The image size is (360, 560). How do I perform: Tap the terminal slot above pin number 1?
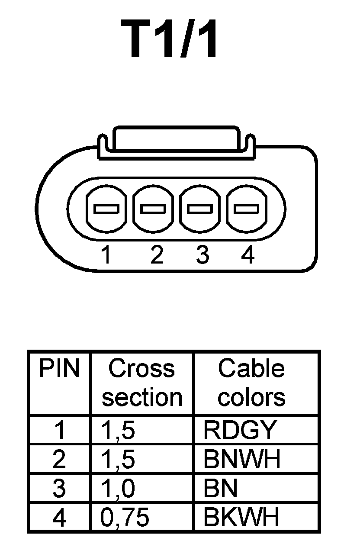pos(106,209)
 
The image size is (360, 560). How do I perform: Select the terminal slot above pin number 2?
pos(153,209)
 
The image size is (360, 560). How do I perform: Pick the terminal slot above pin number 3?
pos(200,209)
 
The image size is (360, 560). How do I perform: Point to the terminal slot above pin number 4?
pos(246,209)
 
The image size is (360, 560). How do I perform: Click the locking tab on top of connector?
pos(175,139)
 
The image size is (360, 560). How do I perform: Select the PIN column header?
pos(59,369)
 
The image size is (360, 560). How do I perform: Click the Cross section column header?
pos(142,383)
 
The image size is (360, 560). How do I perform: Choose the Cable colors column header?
pos(251,383)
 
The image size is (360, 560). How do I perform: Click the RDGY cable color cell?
pos(239,430)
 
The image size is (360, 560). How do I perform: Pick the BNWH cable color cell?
pos(242,459)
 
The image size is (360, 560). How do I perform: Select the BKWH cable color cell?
pos(241,517)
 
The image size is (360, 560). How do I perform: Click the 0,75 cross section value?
pos(125,518)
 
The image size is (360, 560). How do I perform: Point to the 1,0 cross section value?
pos(118,488)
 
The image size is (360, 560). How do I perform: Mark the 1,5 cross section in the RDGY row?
pos(118,430)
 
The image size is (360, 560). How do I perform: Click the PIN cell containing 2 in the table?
pos(59,459)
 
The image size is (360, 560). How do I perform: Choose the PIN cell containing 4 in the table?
pos(59,518)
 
